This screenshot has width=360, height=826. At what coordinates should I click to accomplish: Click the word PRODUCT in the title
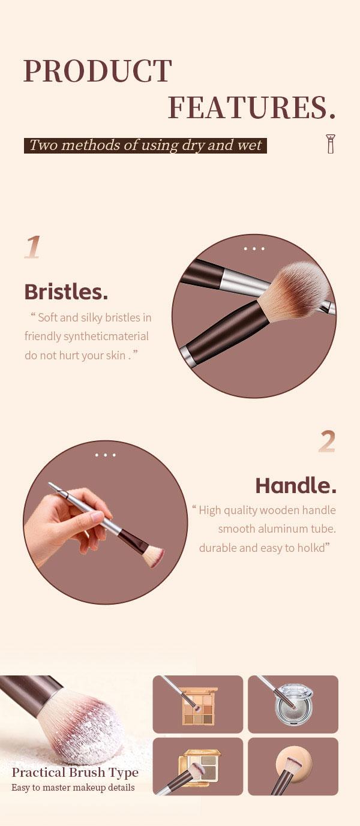98,71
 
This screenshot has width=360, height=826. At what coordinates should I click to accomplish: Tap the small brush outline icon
331,144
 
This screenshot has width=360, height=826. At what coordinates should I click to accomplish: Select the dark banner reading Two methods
145,145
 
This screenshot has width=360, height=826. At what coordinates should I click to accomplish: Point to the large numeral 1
32,247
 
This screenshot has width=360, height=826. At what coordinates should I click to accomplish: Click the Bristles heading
66,292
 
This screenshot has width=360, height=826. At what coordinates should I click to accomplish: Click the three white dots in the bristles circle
254,249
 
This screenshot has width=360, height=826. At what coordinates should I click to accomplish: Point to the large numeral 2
327,441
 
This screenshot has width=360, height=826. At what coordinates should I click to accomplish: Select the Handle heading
296,486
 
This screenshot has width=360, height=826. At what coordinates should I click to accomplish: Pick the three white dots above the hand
106,455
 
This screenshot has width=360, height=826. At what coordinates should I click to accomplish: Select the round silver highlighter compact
294,704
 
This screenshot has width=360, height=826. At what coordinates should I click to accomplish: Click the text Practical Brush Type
75,773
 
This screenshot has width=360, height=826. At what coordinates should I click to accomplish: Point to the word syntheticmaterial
106,337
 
